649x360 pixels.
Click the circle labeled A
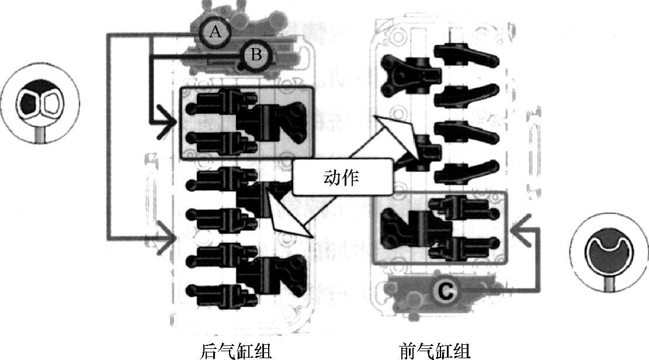point(216,32)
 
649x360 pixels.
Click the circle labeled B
point(256,55)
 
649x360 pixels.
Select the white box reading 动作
point(341,178)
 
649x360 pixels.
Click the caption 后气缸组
point(236,349)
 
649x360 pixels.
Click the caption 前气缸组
point(435,349)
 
